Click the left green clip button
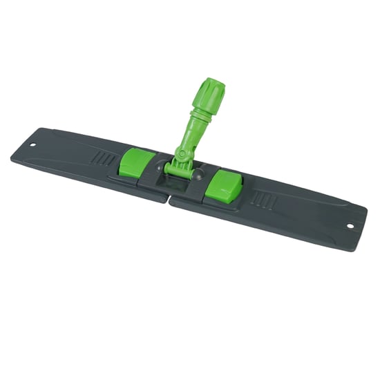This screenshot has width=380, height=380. coord(136,163)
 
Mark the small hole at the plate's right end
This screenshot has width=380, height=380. coord(350,225)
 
